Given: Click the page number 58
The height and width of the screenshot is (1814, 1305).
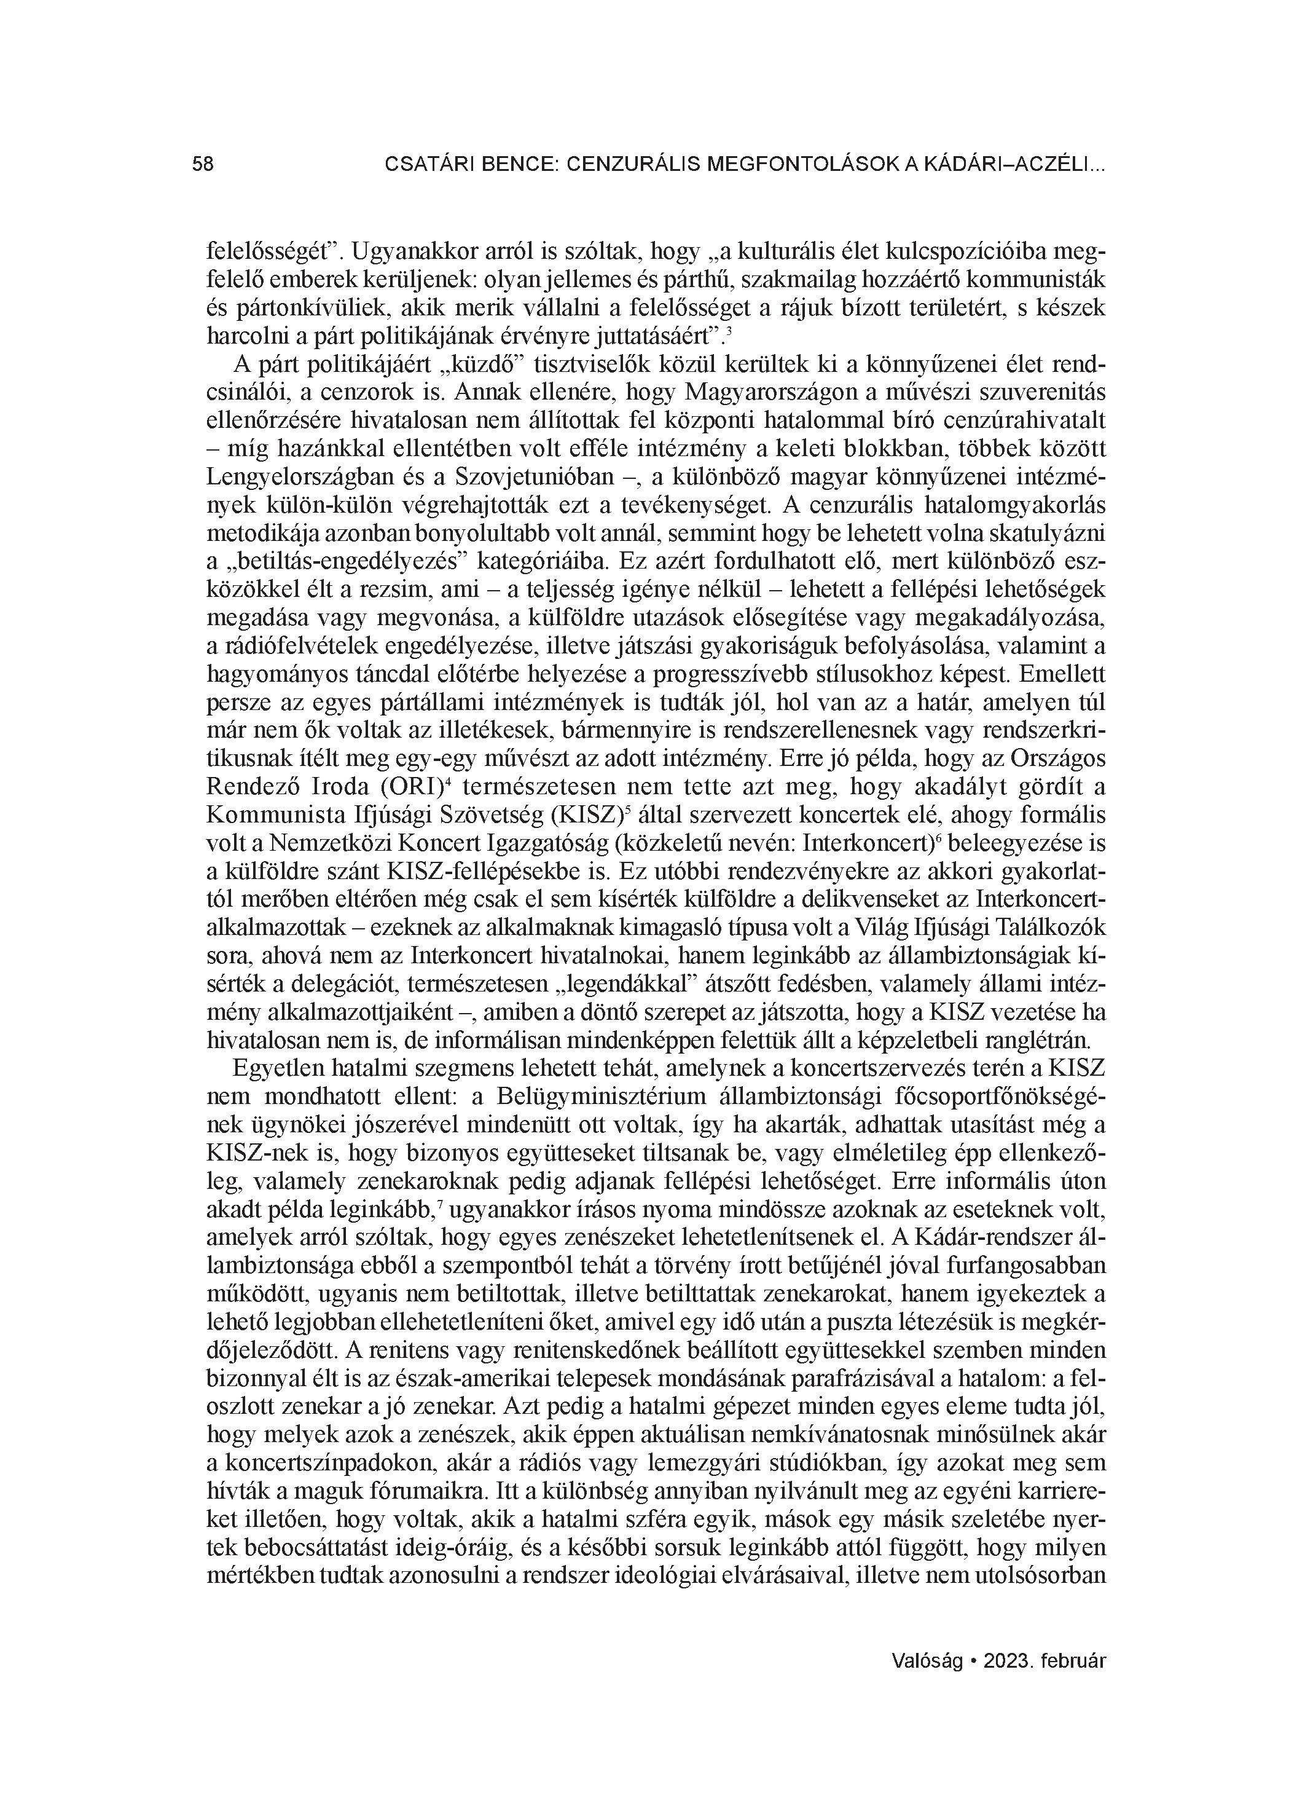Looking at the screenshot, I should [x=203, y=164].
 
